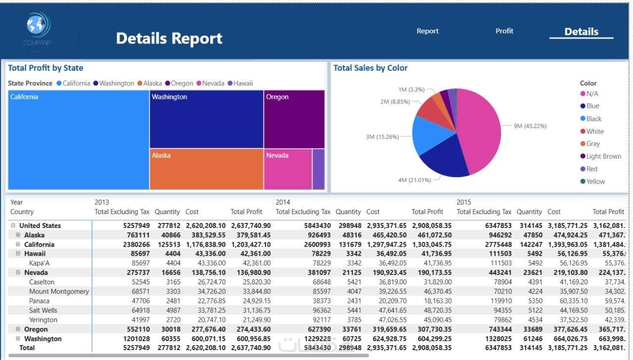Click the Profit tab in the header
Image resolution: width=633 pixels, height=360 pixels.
pos(504,31)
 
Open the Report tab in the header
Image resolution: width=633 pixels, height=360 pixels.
pos(427,31)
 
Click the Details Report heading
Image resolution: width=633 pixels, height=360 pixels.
pos(169,38)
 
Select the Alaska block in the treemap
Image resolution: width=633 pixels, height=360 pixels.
pos(206,169)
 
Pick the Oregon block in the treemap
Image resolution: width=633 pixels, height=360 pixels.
pos(294,119)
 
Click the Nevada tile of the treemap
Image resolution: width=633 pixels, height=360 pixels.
pos(287,169)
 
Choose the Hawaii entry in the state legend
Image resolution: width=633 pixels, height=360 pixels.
pos(243,83)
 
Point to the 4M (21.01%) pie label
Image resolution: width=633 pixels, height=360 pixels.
pos(414,180)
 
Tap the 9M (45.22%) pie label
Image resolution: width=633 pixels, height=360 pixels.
pos(530,126)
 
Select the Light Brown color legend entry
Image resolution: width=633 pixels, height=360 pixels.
pos(603,156)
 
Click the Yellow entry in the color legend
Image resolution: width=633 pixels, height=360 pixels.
pos(595,181)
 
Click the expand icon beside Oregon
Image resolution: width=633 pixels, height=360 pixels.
pos(18,329)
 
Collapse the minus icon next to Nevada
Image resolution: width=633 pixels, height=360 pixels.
pos(18,272)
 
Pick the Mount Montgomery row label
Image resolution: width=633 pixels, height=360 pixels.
pos(59,291)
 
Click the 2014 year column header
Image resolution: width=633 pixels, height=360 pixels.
pos(282,202)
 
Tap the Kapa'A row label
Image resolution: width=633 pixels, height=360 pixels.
pos(39,263)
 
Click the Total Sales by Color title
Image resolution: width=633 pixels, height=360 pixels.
pos(370,68)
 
